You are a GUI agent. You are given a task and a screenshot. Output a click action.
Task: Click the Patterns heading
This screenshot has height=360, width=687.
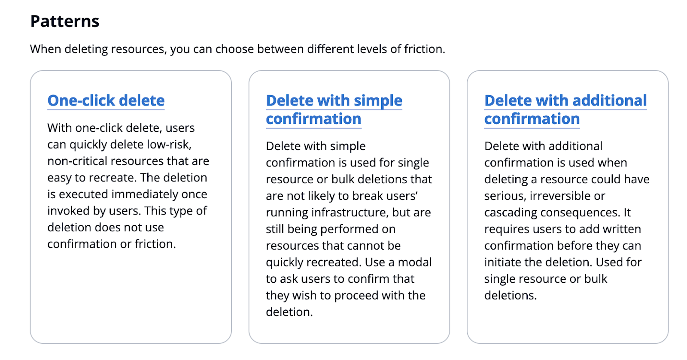pos(65,21)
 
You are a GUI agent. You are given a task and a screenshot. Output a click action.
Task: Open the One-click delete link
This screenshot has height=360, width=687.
pos(106,100)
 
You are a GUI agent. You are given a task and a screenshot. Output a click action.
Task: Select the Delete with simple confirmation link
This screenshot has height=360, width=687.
pos(334,110)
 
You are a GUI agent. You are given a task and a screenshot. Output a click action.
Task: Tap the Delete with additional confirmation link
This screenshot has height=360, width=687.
pos(565,110)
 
